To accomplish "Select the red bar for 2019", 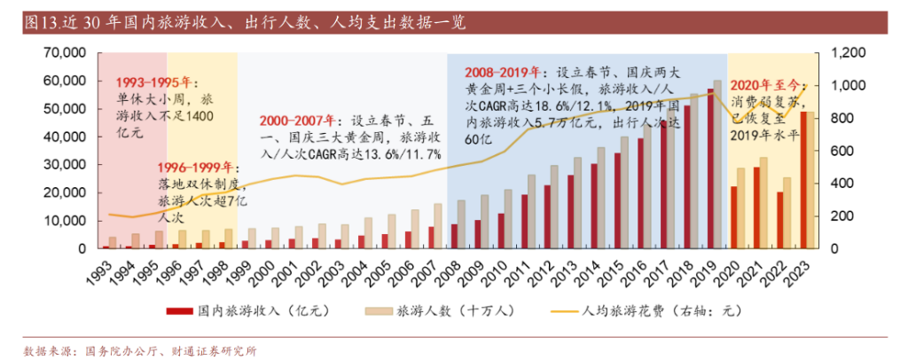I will pyautogui.click(x=710, y=168).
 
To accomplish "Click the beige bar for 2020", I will pyautogui.click(x=741, y=208).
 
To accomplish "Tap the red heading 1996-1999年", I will pyautogui.click(x=195, y=168).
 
